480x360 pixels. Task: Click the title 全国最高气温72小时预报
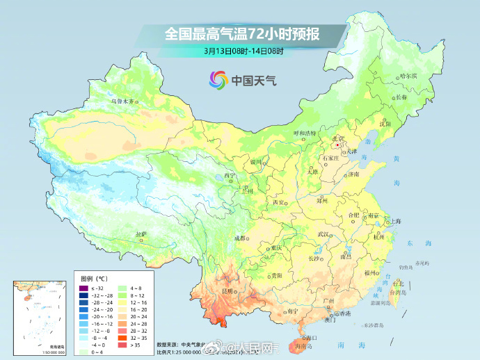(x=243, y=33)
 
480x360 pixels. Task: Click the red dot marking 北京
(x=338, y=146)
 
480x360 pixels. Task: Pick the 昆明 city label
(x=227, y=290)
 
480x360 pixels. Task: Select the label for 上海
(x=396, y=221)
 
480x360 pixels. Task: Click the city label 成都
(x=241, y=238)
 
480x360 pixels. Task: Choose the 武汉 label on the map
(x=321, y=234)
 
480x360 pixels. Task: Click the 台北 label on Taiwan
(x=398, y=284)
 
